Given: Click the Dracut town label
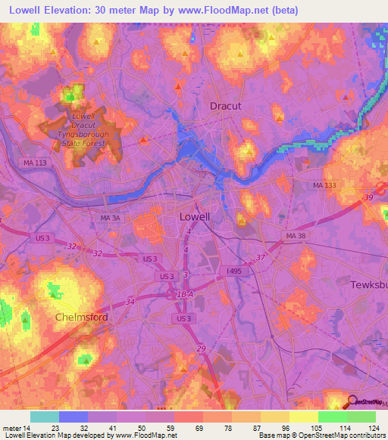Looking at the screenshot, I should (x=225, y=107).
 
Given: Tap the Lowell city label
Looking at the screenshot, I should (x=195, y=216).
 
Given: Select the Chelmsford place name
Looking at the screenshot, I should (x=82, y=318).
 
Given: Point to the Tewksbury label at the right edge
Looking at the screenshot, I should (x=370, y=285).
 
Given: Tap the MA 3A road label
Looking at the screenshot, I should (x=111, y=218).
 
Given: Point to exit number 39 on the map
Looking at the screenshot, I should (x=368, y=198).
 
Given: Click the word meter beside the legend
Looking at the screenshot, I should (x=11, y=428).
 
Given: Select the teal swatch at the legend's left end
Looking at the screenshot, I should (x=45, y=417).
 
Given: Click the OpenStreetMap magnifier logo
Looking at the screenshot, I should (x=352, y=401).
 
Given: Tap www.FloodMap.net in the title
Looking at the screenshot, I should (x=233, y=11).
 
